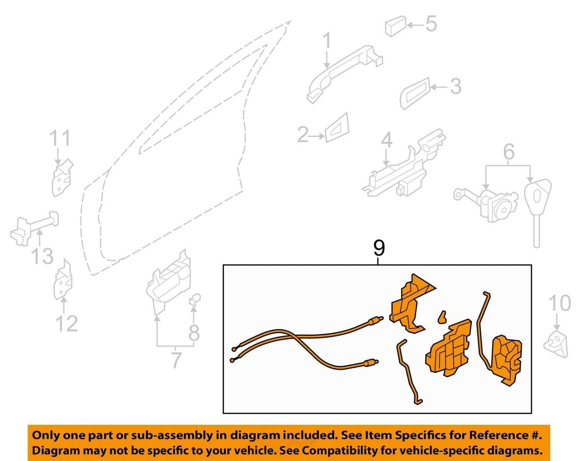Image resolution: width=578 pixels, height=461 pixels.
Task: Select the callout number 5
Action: (431, 24)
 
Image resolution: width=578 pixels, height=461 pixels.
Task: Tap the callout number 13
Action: (42, 256)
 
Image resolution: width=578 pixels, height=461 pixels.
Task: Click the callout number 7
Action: (176, 359)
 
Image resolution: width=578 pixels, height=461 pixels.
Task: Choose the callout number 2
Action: (303, 135)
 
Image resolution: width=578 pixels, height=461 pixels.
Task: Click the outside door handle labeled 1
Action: (344, 74)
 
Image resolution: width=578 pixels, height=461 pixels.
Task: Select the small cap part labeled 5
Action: (395, 26)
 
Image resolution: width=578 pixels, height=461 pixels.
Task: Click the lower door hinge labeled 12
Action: (63, 279)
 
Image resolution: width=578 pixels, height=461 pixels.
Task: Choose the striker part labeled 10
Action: (556, 346)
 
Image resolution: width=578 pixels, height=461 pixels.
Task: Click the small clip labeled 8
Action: (195, 299)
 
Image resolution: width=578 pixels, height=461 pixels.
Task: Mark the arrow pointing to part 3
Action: (439, 87)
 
